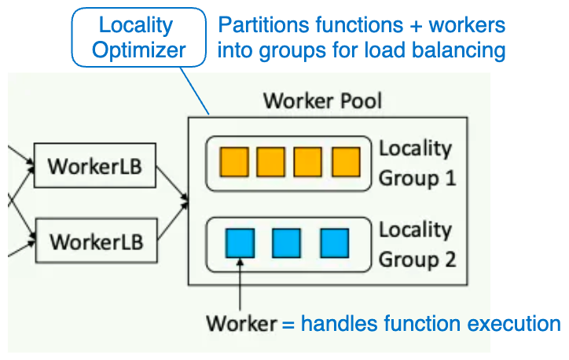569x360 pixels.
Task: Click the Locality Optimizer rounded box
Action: point(138,38)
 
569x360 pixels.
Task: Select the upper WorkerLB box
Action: point(96,167)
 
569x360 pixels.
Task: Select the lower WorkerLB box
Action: point(96,241)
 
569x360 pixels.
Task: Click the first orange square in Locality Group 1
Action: point(234,162)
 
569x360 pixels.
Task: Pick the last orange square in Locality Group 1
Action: point(345,162)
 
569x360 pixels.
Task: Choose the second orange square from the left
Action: point(271,162)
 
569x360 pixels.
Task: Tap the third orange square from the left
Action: point(308,162)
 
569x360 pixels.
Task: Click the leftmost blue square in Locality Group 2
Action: point(239,243)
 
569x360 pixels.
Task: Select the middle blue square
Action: point(286,243)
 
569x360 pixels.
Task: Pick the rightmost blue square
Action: point(334,243)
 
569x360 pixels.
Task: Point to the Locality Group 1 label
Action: point(417,163)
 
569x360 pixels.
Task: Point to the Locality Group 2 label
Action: point(417,244)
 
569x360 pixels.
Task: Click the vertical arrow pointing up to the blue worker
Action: point(239,283)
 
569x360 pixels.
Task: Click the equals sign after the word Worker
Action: point(288,324)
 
